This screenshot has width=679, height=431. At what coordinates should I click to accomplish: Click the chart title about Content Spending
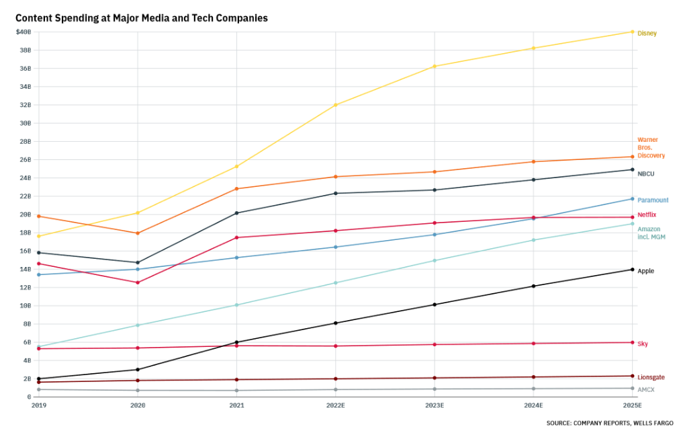(x=142, y=18)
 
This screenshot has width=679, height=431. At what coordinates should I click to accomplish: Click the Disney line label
(x=647, y=33)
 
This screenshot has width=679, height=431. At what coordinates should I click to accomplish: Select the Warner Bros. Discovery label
(x=651, y=148)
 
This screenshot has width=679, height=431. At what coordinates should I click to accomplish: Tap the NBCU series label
(x=645, y=173)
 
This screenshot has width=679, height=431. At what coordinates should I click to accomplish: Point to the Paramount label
(x=653, y=200)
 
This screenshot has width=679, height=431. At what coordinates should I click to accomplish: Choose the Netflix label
(x=647, y=214)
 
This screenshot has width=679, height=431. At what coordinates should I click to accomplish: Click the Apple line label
(x=645, y=271)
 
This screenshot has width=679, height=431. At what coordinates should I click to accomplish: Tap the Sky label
(x=643, y=344)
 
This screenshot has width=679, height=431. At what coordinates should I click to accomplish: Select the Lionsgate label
(x=651, y=377)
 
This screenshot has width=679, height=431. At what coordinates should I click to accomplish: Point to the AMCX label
(x=645, y=389)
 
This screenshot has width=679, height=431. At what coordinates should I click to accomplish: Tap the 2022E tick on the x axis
(x=336, y=406)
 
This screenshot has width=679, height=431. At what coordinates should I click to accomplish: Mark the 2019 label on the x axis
(x=39, y=406)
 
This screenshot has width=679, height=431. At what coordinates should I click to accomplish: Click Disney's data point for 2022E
(x=336, y=105)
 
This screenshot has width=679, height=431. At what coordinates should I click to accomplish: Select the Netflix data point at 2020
(x=138, y=282)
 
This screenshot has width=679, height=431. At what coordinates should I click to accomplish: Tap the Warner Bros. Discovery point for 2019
(x=39, y=216)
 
